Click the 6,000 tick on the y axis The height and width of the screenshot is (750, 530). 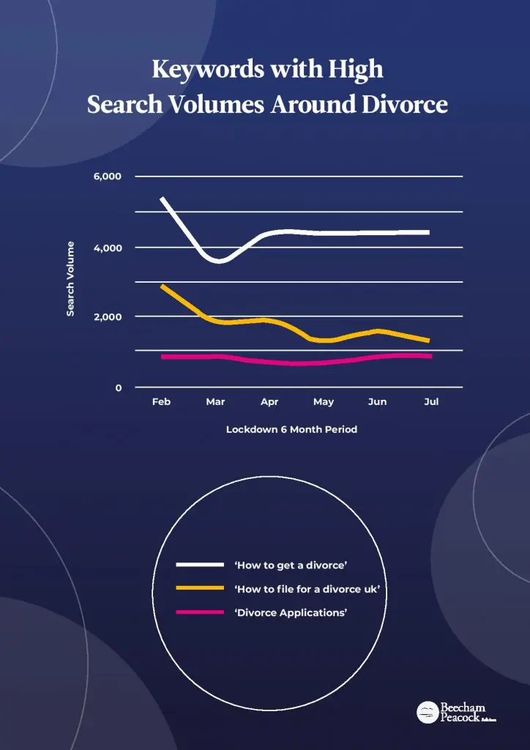tap(107, 177)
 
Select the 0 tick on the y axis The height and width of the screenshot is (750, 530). tap(117, 388)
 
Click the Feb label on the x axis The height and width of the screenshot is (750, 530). tap(161, 402)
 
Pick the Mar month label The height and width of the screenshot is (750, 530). tap(215, 402)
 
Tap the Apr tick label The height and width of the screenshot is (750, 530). tap(269, 402)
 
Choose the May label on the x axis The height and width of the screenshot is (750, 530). tap(324, 402)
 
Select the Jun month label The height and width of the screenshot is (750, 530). tap(377, 402)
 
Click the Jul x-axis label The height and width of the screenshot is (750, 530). tap(431, 402)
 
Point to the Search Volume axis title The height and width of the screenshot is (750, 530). tap(71, 278)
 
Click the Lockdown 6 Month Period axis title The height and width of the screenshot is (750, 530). tap(291, 430)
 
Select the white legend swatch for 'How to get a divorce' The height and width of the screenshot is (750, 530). tap(200, 565)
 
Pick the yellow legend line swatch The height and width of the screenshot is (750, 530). tap(200, 588)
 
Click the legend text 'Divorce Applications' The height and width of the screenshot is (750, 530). tap(291, 612)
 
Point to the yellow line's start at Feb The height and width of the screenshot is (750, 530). tap(163, 286)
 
